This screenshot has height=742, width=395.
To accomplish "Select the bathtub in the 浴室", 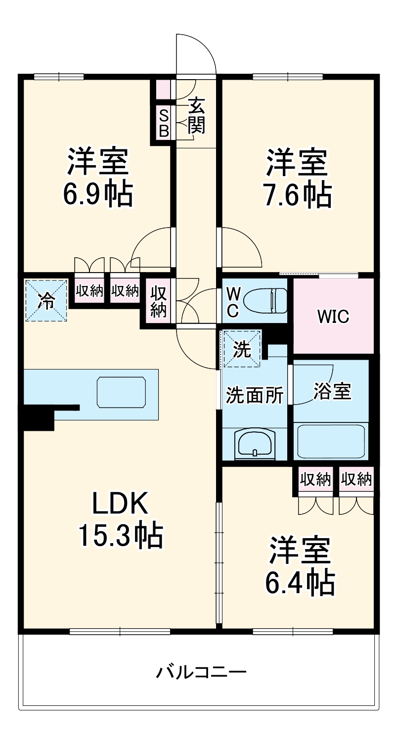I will [330, 441].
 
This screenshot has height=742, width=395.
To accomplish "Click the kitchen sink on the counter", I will [122, 392].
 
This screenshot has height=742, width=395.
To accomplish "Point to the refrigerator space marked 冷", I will [46, 300].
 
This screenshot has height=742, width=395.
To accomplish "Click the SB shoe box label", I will [164, 123].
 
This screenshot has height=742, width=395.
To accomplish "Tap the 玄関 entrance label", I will [196, 116].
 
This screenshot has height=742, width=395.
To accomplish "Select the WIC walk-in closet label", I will [333, 316].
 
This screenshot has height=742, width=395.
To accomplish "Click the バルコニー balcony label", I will [201, 672].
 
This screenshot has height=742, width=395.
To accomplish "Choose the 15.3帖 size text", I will [120, 535].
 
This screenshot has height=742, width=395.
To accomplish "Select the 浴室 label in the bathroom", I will [332, 391].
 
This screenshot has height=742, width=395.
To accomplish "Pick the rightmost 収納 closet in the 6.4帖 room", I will [356, 479].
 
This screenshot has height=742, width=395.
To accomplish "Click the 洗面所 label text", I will [255, 395].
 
